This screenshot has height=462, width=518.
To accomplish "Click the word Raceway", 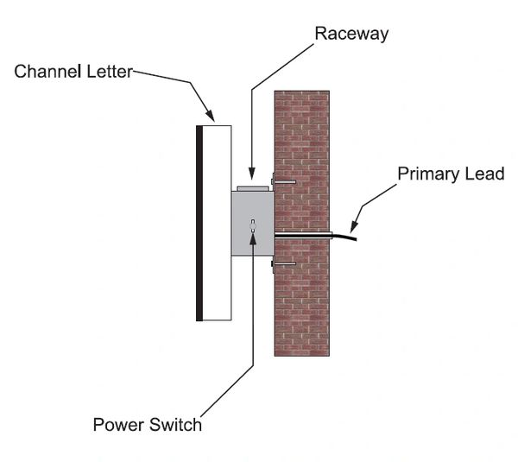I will click(351, 34).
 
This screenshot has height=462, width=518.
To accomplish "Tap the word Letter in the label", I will click(106, 72).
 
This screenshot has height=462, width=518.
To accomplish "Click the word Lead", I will click(486, 174).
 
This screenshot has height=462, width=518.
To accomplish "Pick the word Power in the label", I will click(116, 425).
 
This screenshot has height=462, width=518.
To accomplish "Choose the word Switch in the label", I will click(177, 425).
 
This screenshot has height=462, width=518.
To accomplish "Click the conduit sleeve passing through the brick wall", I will click(302, 233).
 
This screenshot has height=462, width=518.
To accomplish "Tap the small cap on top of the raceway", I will click(252, 187).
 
